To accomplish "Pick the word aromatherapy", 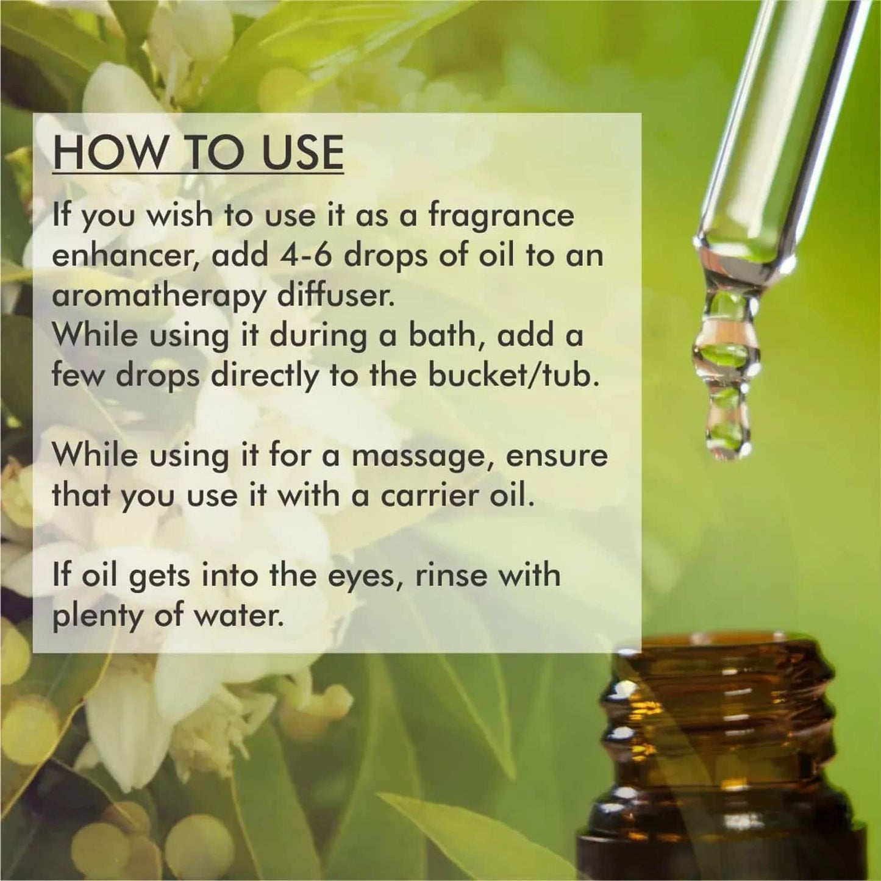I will click(x=159, y=297).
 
